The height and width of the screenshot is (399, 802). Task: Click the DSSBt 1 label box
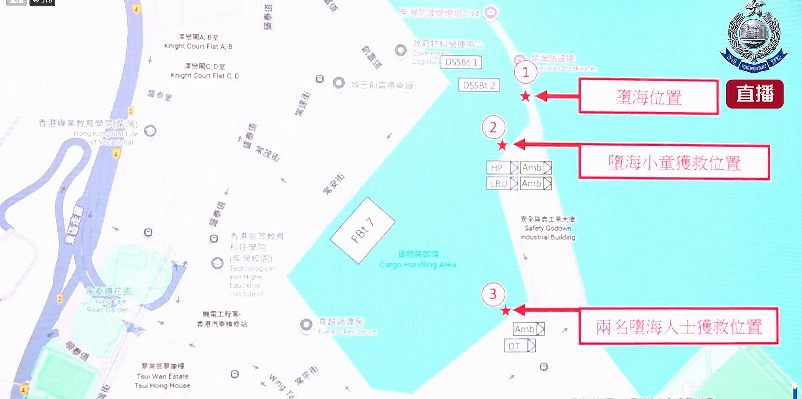click(x=461, y=62)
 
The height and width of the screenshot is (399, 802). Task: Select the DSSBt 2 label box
click(x=479, y=85)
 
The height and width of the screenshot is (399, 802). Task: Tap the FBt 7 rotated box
click(x=362, y=230)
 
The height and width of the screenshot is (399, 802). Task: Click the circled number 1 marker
click(x=525, y=73)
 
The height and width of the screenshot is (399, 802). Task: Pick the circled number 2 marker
click(x=493, y=127)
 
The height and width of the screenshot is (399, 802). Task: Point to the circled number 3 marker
click(x=493, y=294)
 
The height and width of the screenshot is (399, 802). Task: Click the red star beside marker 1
click(x=525, y=96)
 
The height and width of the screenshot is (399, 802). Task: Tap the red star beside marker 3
click(x=505, y=311)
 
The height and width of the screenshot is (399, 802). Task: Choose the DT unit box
click(x=520, y=346)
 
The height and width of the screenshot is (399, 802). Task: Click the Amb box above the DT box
click(x=529, y=329)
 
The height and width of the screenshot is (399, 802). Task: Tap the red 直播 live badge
click(x=755, y=94)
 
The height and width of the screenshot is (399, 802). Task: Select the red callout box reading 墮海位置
click(x=648, y=97)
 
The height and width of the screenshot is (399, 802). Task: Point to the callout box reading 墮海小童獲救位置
click(x=674, y=162)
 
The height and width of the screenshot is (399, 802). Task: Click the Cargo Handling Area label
click(x=418, y=264)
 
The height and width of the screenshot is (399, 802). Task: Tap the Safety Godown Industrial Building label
click(x=548, y=228)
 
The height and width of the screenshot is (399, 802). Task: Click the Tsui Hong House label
click(x=162, y=386)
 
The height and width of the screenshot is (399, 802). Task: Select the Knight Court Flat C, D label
click(x=205, y=75)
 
